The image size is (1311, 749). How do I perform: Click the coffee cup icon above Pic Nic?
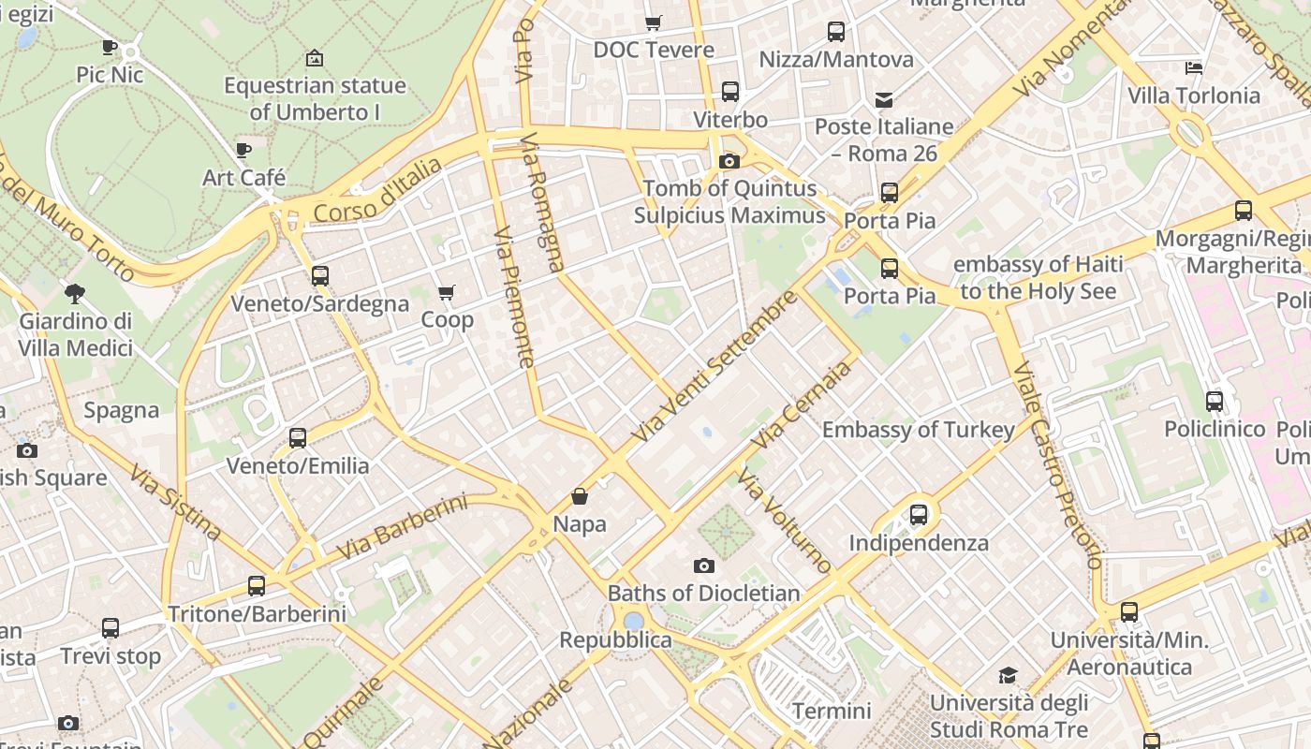coord(110,47)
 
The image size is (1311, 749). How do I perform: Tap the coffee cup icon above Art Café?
coord(243,150)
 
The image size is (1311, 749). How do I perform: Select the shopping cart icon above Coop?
coord(447,292)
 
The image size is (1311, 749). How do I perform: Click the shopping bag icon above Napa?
coord(580,496)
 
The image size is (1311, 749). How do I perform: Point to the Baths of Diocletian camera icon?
coord(703,565)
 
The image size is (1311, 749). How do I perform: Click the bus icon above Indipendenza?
coord(919,514)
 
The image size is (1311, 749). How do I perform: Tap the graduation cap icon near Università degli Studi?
coord(1008,675)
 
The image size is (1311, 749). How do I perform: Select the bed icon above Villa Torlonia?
coord(1193,68)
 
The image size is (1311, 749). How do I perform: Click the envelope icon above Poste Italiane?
coord(884,99)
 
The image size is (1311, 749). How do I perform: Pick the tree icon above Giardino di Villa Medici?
coord(75,294)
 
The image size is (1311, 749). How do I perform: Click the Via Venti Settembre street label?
coord(715,367)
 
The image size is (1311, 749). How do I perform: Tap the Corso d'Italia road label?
coord(377,191)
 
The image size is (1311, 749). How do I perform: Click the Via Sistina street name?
coord(176,502)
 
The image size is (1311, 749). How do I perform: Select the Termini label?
coord(832,711)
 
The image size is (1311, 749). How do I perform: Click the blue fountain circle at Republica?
coord(634,621)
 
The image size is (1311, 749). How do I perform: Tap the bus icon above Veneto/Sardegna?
coord(320,276)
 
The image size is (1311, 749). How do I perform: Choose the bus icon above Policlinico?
coord(1215,402)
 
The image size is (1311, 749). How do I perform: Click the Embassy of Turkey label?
coord(918,430)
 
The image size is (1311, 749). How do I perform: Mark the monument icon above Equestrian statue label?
coord(315,58)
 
